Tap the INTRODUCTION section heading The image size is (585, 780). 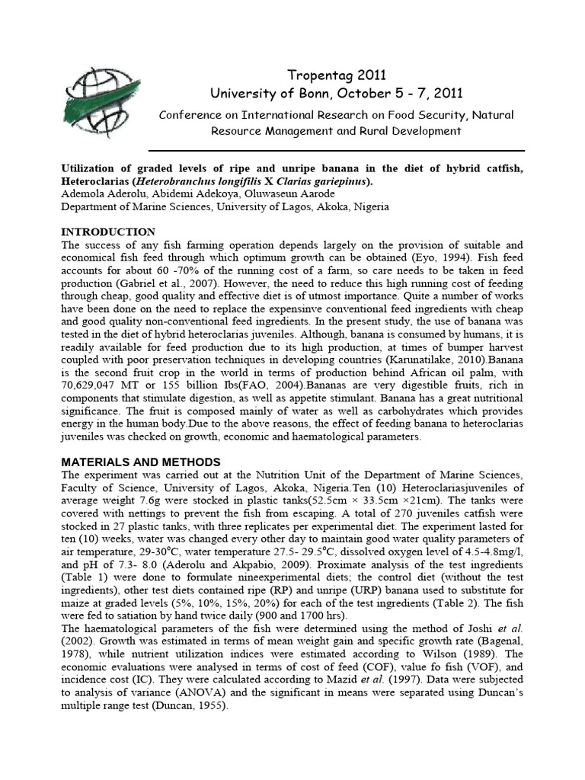(108, 232)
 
